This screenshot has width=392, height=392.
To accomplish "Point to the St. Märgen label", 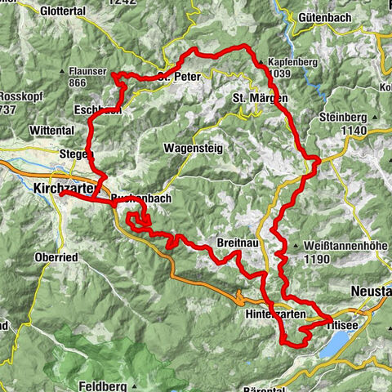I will tap(261, 98).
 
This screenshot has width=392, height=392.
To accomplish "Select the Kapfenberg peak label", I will tap(292, 62).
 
